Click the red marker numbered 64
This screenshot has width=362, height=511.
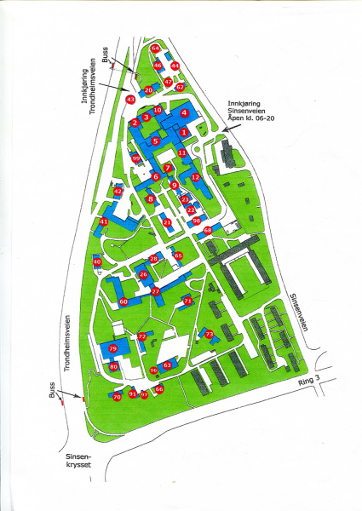coord(156,49)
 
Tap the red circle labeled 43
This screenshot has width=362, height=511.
coord(130,100)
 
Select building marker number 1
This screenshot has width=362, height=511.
coord(185,121)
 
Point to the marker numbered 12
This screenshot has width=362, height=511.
coord(195,177)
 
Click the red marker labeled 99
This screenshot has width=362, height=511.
coord(135,157)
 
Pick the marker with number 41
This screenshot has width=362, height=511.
coord(103,221)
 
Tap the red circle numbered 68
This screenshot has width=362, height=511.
coord(208,230)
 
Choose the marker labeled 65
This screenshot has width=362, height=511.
coord(178,255)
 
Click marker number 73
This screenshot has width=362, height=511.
coord(209,335)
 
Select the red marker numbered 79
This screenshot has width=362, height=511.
coord(112,349)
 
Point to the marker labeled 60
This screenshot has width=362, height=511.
coord(124,301)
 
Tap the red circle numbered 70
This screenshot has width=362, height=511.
coord(117,397)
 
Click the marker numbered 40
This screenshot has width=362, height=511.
coord(97,262)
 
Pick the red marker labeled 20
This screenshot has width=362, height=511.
coord(148,89)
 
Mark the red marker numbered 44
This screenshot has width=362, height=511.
coord(175,65)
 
